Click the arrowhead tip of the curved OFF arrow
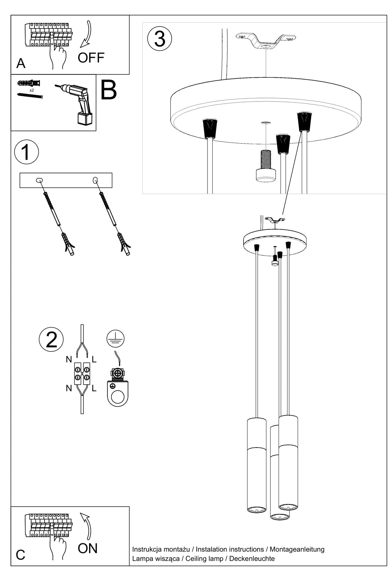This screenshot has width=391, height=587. (x=81, y=48)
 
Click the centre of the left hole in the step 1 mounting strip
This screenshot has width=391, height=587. (x=40, y=180)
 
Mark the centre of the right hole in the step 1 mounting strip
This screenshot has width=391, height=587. (x=95, y=180)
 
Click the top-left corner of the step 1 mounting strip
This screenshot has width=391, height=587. (x=20, y=173)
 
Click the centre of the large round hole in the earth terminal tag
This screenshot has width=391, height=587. (x=118, y=397)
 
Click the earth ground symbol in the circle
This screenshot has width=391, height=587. (x=116, y=339)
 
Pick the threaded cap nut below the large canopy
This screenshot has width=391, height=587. (x=266, y=166)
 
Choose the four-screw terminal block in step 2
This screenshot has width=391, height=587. (x=82, y=373)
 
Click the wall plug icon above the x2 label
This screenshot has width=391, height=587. (x=29, y=83)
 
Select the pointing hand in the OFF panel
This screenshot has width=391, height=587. (x=57, y=51)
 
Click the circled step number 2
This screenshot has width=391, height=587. (x=51, y=340)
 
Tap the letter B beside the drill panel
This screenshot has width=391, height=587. (x=109, y=90)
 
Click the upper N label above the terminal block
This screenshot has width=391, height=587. (x=69, y=359)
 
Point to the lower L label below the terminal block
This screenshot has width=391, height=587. (x=94, y=389)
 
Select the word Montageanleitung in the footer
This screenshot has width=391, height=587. (x=297, y=549)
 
